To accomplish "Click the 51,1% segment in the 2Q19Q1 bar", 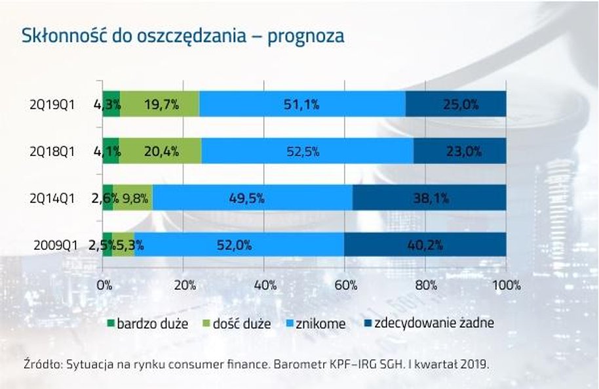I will (x=302, y=104).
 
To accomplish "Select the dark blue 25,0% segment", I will (x=455, y=104).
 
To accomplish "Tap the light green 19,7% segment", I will (x=160, y=104).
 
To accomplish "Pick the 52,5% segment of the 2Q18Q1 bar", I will (x=307, y=151).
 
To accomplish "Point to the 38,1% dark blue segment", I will (x=429, y=198).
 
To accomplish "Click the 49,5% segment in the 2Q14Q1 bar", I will (x=252, y=198).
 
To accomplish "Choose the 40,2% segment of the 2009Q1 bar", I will (x=425, y=245).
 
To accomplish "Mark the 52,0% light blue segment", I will (x=240, y=245).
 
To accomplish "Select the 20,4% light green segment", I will (x=161, y=151).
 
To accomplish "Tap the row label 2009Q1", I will (x=56, y=245).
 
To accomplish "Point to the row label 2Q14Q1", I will (x=54, y=198).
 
